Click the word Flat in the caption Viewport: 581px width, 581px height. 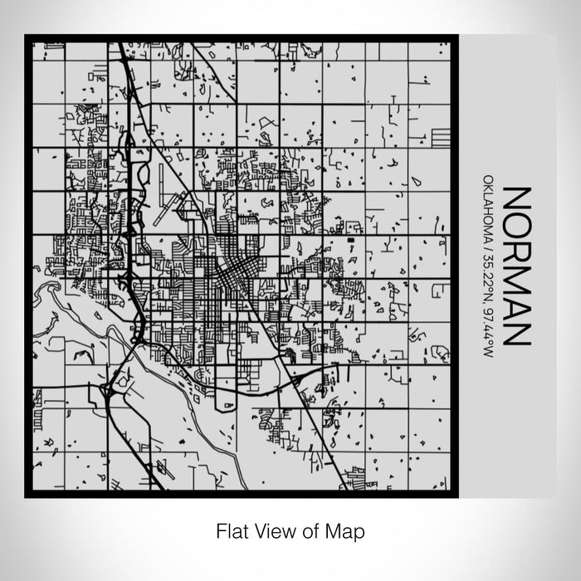[x=232, y=530]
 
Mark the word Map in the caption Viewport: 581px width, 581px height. [x=345, y=530]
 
